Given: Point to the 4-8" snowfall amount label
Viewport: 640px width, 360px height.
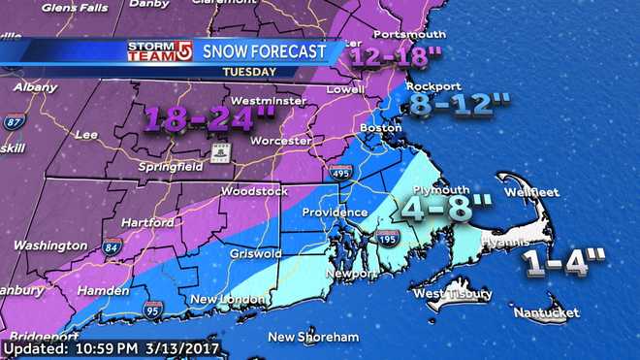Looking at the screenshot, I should [448, 206].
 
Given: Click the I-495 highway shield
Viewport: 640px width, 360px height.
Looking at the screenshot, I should [339, 173].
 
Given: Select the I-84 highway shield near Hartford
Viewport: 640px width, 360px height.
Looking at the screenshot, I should [112, 246].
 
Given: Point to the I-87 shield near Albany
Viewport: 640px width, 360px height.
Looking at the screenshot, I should [13, 121].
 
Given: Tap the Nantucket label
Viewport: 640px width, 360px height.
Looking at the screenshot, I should [545, 312].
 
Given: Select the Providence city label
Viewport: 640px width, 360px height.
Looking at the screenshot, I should [334, 212].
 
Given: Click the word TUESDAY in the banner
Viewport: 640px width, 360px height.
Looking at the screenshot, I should [246, 72].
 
